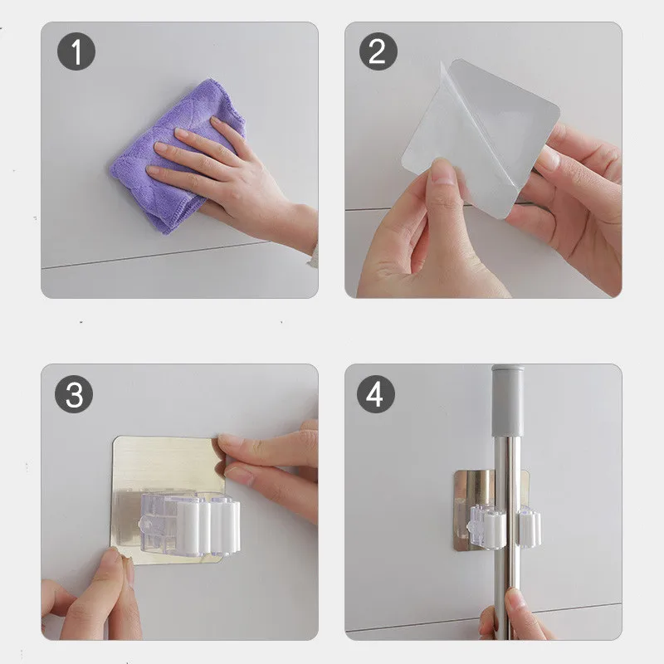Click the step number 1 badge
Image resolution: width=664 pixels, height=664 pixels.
[x=76, y=51]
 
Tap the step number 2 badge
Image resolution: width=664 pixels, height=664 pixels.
[x=378, y=51]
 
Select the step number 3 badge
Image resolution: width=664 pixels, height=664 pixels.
[x=74, y=394]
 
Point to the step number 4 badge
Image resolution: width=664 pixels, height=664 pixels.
[x=376, y=394]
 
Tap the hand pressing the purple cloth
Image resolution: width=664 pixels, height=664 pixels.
[x=237, y=182]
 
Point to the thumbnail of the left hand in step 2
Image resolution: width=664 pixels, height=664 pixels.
[x=443, y=173]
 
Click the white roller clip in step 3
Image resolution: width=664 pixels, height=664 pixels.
[x=207, y=525]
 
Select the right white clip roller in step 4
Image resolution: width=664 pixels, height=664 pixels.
[x=530, y=527]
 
